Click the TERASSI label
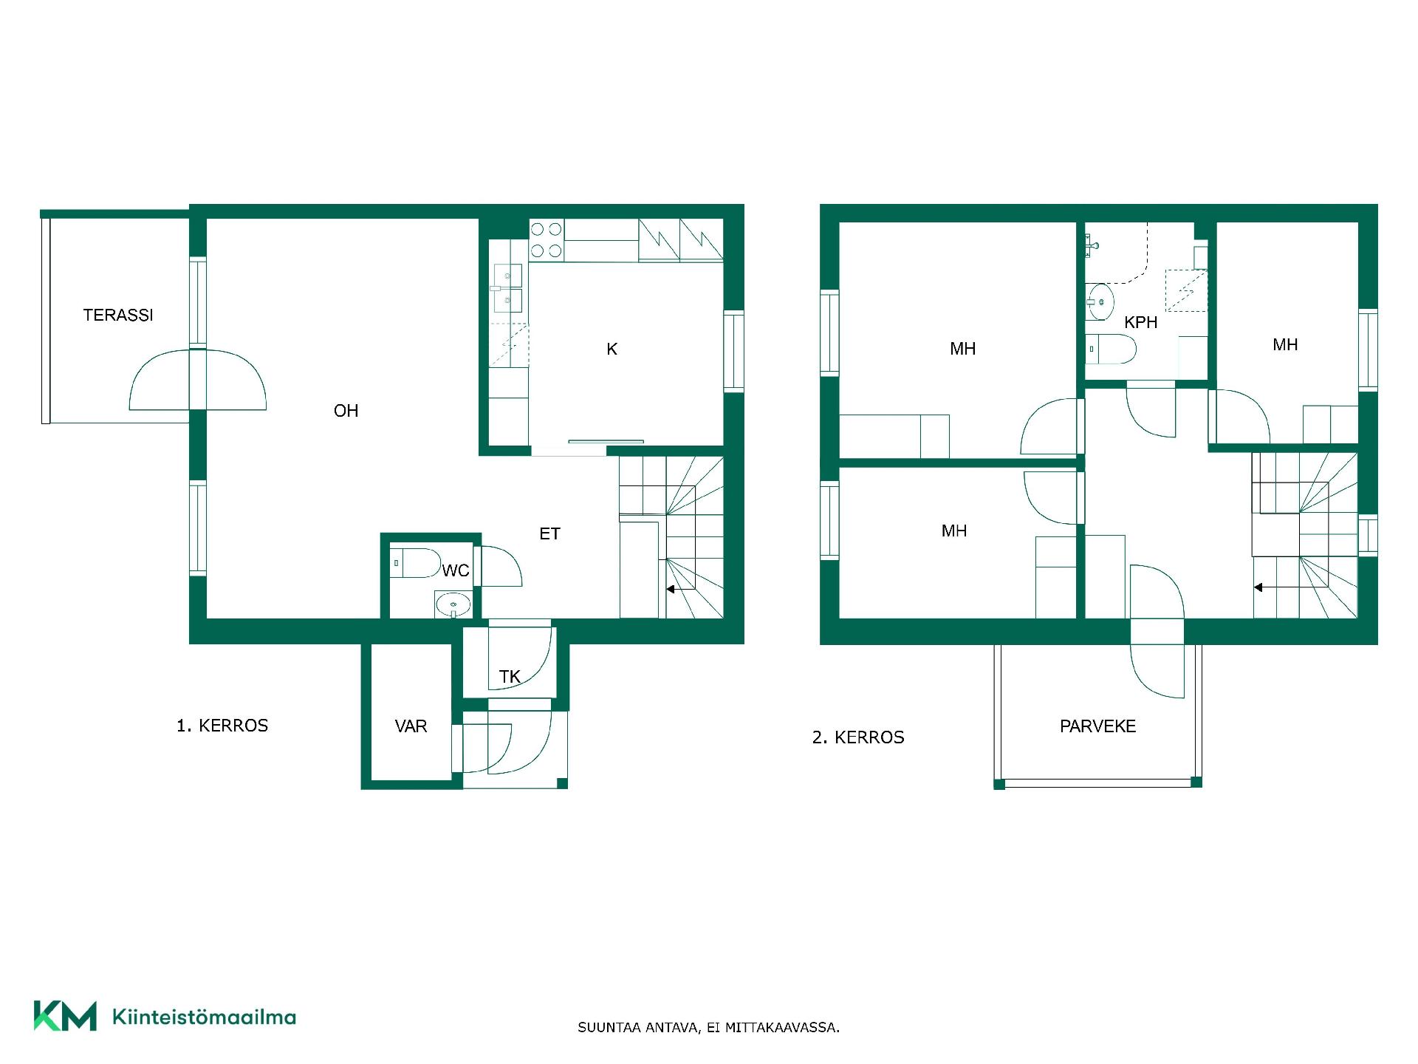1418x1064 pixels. (118, 316)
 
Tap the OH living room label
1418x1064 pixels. (346, 411)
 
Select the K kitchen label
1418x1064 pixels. (612, 349)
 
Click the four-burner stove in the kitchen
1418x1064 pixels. (547, 240)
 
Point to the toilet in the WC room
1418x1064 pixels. (415, 563)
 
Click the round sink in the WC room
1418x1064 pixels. (453, 605)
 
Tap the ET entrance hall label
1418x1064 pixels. (549, 533)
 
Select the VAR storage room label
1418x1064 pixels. (411, 726)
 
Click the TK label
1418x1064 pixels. (510, 676)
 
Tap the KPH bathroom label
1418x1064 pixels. (1140, 323)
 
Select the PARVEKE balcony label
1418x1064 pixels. (1097, 726)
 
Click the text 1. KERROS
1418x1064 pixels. (222, 726)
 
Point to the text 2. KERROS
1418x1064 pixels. (858, 737)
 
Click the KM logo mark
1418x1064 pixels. (65, 1016)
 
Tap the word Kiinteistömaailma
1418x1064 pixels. (204, 1017)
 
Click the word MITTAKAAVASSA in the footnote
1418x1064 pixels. (782, 1027)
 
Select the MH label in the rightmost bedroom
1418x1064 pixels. (1285, 345)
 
